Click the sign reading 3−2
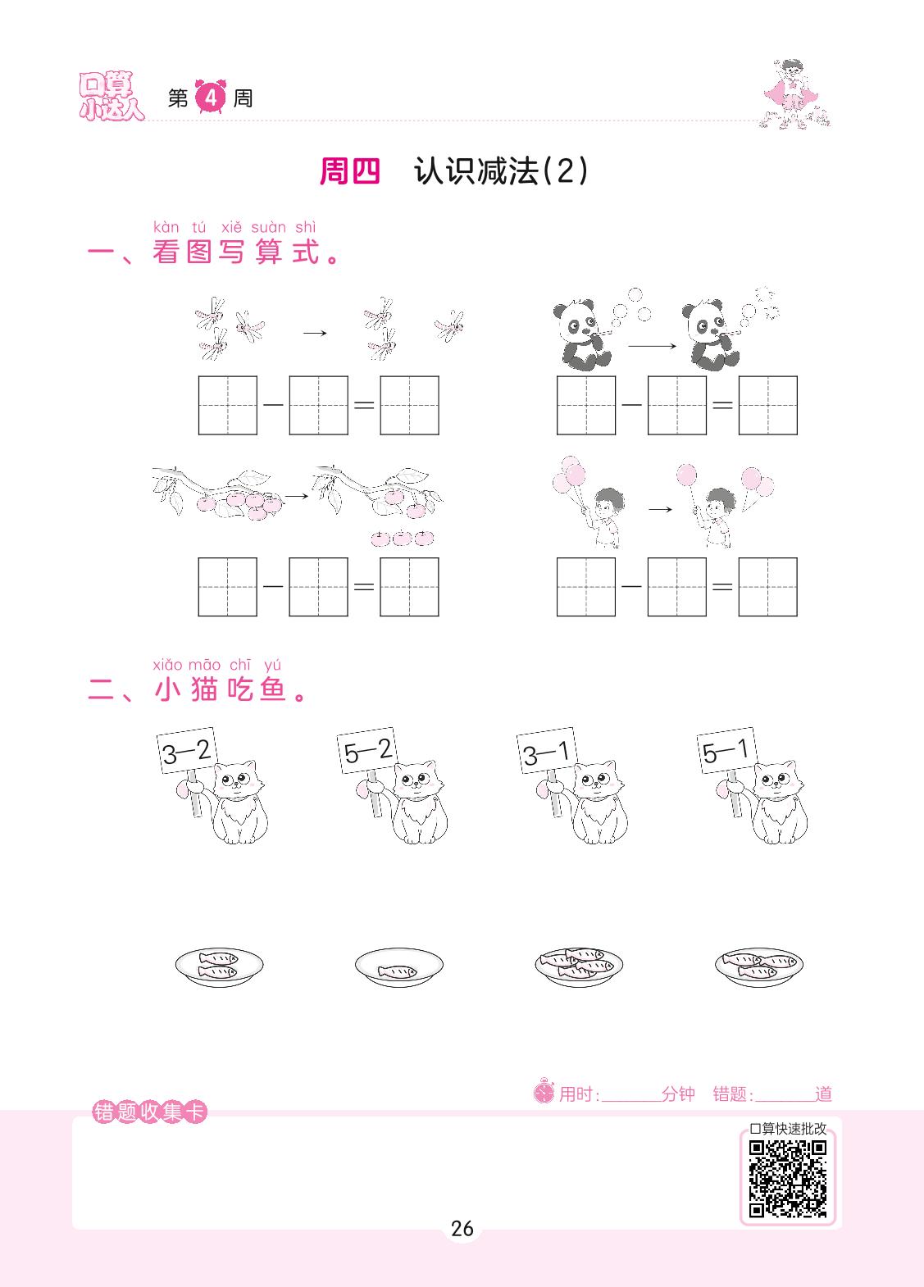[187, 750]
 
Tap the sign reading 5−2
[367, 750]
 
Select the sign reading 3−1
[547, 750]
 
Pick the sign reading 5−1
[727, 750]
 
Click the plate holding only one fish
[398, 967]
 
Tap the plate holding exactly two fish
[219, 967]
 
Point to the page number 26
[462, 1229]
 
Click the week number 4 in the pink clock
[211, 97]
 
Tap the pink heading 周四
[350, 171]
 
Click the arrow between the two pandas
[652, 346]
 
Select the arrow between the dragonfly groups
[315, 333]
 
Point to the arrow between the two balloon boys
[660, 509]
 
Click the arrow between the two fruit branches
[297, 495]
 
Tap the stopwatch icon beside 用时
[544, 1091]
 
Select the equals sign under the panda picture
[722, 405]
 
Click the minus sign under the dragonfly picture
[273, 404]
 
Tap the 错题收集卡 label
[149, 1112]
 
